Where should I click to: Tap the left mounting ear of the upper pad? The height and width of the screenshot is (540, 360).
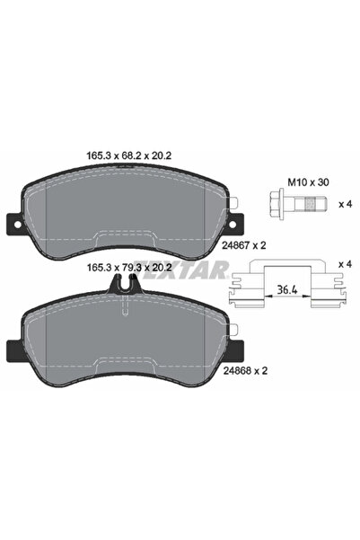click(13, 221)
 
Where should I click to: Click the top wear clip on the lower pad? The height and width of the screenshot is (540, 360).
click(123, 285)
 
